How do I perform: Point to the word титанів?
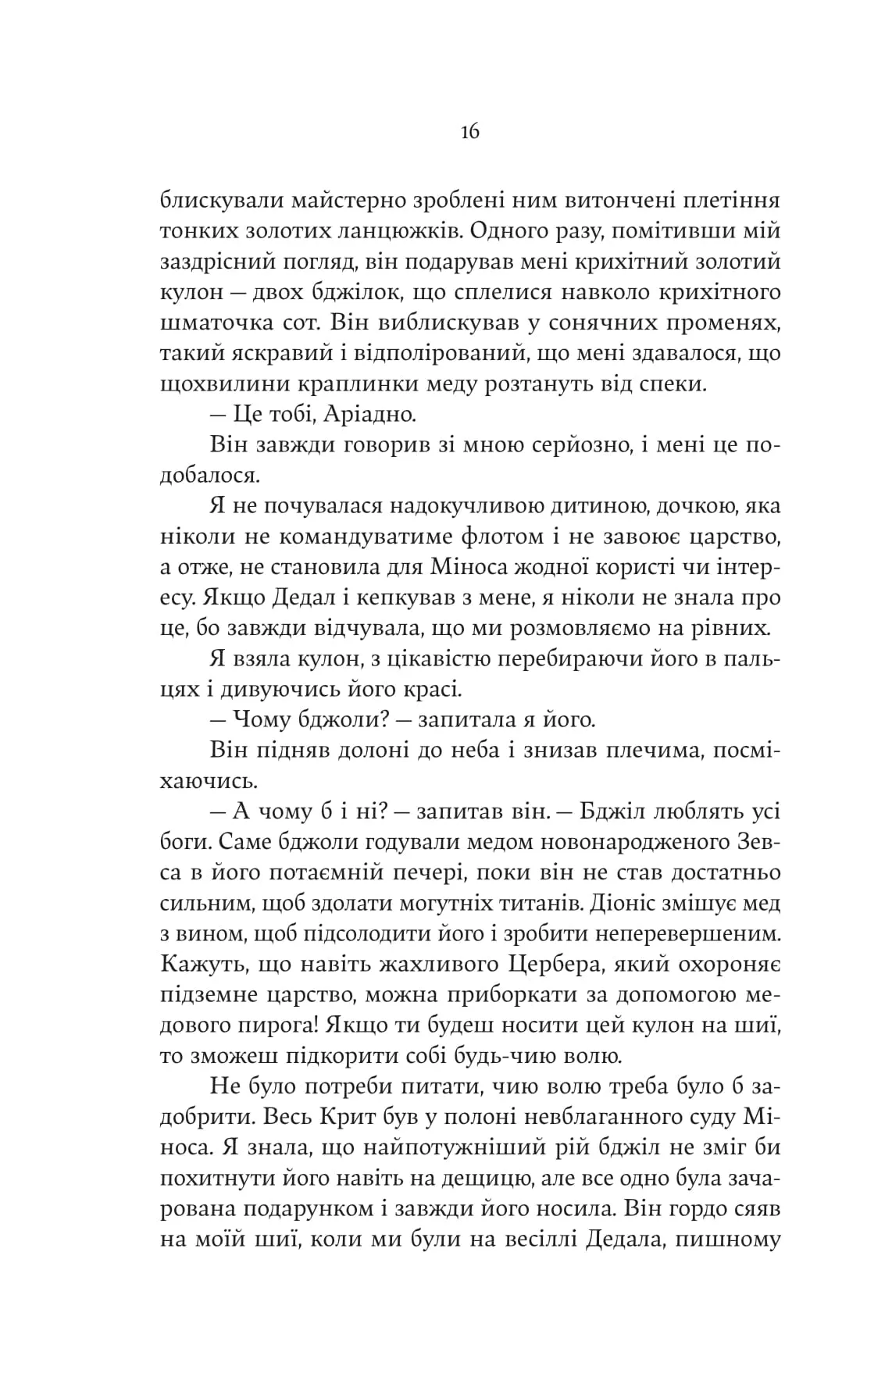coord(551,904)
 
